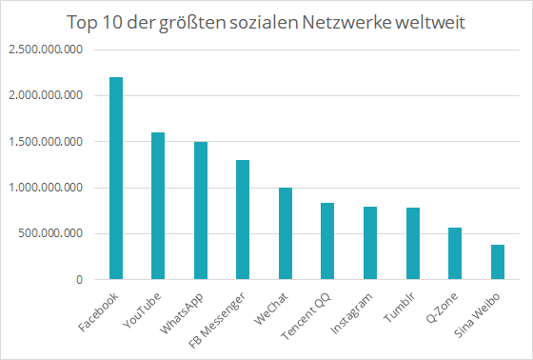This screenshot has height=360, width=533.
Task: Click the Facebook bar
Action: (116, 179)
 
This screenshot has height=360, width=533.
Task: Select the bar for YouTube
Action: (158, 207)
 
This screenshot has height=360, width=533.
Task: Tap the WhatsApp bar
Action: (201, 211)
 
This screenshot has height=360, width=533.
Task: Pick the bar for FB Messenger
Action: (243, 220)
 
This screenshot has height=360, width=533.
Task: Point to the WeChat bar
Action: (285, 234)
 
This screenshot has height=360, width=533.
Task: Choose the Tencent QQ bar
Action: (327, 242)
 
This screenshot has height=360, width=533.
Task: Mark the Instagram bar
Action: (369, 244)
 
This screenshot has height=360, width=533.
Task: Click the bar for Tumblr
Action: (412, 244)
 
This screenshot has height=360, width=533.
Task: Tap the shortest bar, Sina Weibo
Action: (496, 263)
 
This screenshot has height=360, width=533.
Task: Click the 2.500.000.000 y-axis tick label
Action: (47, 50)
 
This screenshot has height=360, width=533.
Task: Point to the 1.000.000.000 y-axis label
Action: (47, 188)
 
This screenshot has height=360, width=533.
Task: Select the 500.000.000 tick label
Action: (53, 233)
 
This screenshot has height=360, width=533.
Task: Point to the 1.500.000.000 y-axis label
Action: (47, 142)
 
